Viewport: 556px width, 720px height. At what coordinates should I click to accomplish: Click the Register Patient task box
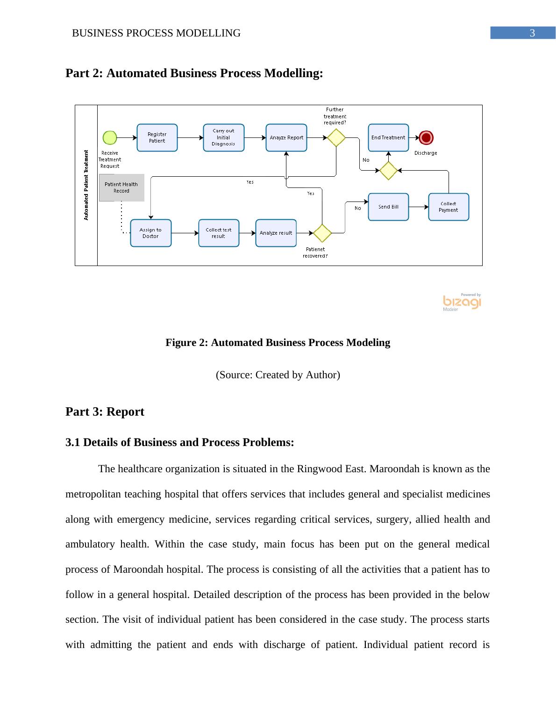pos(157,137)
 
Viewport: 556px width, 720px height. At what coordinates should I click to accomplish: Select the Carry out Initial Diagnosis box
pos(223,137)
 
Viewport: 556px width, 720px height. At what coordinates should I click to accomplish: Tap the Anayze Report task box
pos(286,137)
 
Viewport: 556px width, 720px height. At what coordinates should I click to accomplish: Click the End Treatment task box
pos(388,137)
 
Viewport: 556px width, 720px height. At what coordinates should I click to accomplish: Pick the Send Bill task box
pos(388,207)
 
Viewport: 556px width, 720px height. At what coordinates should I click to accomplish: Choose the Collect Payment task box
pos(448,207)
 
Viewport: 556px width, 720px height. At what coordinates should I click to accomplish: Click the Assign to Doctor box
pos(150,233)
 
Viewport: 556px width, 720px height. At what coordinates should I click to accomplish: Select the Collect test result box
pos(218,233)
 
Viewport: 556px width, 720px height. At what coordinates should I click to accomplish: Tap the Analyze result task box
pos(276,233)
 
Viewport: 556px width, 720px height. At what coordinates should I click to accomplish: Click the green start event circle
pos(110,137)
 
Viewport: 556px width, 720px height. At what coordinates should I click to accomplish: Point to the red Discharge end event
pos(426,137)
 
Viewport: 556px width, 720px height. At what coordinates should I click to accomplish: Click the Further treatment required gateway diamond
pos(336,137)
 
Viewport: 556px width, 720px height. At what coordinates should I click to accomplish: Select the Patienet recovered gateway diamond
pos(322,233)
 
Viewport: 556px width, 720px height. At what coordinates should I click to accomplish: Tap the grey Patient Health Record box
pos(121,187)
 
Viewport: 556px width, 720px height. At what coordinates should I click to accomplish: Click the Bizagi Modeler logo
pos(462,302)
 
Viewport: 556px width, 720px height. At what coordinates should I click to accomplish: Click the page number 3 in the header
pos(532,33)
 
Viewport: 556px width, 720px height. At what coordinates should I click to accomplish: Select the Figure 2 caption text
pos(278,343)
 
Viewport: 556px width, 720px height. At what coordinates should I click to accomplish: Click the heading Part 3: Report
pos(105,411)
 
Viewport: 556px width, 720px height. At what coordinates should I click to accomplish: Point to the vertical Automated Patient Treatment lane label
pos(86,185)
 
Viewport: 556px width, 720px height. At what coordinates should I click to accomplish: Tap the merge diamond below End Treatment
pos(388,171)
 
